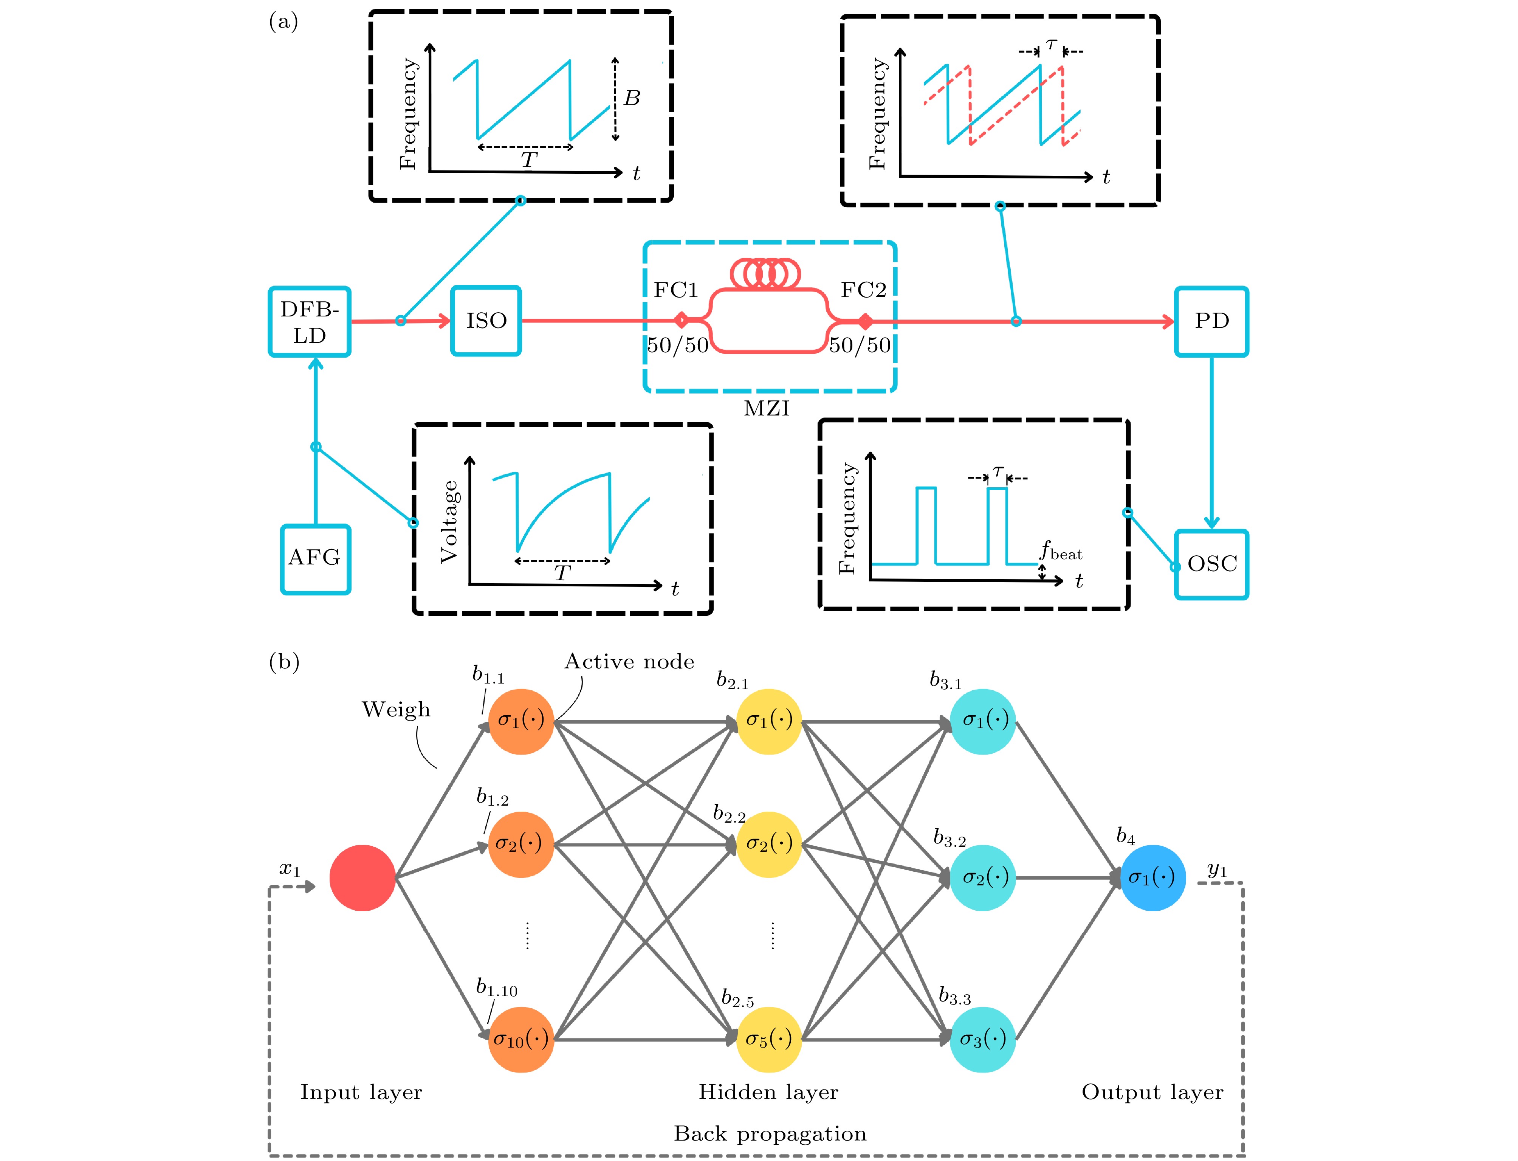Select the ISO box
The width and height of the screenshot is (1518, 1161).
[x=486, y=321]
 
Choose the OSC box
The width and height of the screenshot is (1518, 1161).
[x=1211, y=564]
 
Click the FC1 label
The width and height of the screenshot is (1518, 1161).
[x=676, y=290]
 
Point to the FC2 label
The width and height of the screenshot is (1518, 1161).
[x=863, y=290]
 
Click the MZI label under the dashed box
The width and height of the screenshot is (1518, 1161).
[x=766, y=408]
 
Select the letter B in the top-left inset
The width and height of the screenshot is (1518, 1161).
[x=632, y=99]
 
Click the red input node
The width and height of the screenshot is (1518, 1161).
[x=362, y=878]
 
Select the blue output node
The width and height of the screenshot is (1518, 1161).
[x=1152, y=878]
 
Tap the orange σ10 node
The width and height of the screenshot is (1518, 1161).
[x=521, y=1039]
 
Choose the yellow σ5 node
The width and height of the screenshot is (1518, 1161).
[x=768, y=1039]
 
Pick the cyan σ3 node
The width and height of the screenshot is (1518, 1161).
[x=982, y=1039]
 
